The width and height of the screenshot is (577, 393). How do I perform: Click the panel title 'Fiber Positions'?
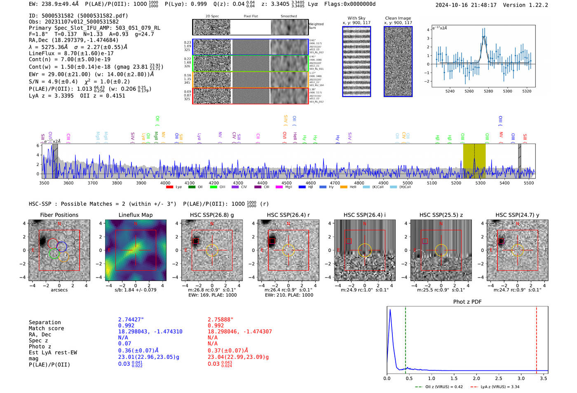click(x=59, y=215)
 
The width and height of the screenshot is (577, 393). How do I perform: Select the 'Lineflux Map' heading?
click(x=135, y=215)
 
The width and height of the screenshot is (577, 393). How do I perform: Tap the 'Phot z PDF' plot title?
click(x=467, y=302)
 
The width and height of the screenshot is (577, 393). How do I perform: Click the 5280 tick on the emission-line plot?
click(x=488, y=91)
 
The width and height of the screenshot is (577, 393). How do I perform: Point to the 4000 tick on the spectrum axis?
click(x=165, y=183)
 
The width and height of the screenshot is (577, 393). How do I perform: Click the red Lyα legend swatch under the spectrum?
click(x=169, y=187)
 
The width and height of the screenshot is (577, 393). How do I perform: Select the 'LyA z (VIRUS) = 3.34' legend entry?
click(x=495, y=387)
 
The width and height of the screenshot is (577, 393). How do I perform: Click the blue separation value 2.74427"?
click(x=131, y=320)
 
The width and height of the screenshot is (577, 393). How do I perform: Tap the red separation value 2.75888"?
click(x=220, y=320)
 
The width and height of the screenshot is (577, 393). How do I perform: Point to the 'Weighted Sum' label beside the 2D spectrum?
click(x=316, y=26)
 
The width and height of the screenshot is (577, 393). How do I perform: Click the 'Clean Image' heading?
click(x=398, y=18)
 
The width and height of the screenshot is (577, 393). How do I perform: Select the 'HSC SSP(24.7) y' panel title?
click(x=517, y=215)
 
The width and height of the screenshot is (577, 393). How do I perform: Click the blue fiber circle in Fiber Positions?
click(x=62, y=247)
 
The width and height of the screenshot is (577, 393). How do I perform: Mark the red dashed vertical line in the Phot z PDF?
click(x=536, y=338)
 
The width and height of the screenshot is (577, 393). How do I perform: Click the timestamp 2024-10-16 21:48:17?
click(x=466, y=5)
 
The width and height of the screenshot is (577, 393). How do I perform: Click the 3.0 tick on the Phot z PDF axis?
click(x=521, y=378)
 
